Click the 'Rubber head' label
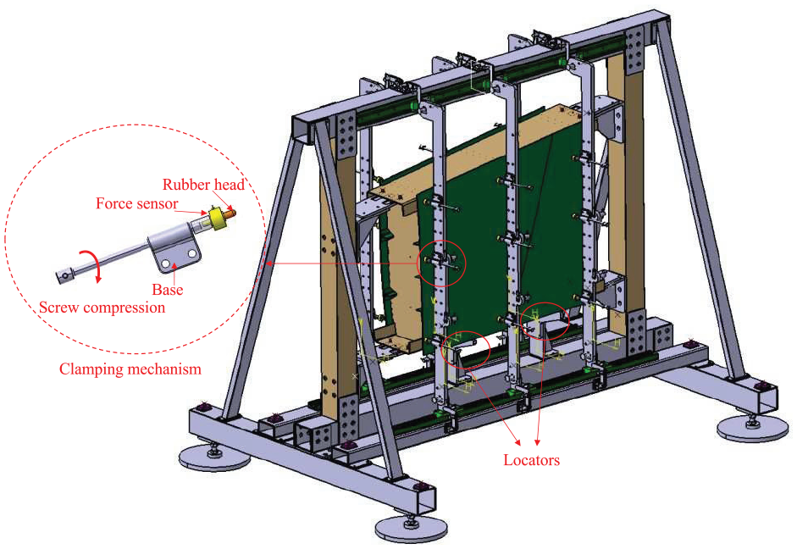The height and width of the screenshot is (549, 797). pos(203,185)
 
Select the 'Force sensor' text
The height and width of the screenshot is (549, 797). pos(136,204)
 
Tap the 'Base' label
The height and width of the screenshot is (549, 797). pos(167,290)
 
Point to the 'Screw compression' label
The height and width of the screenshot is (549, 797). pos(102,308)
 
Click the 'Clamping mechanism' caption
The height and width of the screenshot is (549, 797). pos(130,369)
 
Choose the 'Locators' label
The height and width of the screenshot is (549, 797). pos(532,460)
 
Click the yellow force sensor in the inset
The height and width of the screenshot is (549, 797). pos(219,219)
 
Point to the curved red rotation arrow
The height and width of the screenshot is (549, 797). pos(95,261)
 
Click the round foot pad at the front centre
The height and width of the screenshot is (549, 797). pos(412,529)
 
